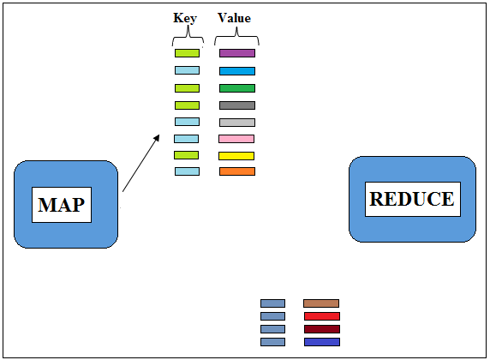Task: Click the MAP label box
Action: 62,205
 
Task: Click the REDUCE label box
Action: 413,199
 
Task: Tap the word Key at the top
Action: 185,18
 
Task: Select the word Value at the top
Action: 234,18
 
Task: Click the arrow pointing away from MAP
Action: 141,163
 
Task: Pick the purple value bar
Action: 237,53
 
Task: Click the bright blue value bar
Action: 237,71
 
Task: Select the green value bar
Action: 237,88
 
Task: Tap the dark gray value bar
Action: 237,105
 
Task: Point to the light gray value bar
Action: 237,123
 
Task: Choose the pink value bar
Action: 236,139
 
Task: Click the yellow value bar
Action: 236,156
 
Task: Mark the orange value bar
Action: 237,171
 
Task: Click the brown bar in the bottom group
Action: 321,303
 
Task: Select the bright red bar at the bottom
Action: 322,316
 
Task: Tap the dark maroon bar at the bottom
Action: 322,329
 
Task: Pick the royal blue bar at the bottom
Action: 322,342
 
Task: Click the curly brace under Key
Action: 188,37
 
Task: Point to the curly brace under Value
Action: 236,36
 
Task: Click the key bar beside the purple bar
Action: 187,53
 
